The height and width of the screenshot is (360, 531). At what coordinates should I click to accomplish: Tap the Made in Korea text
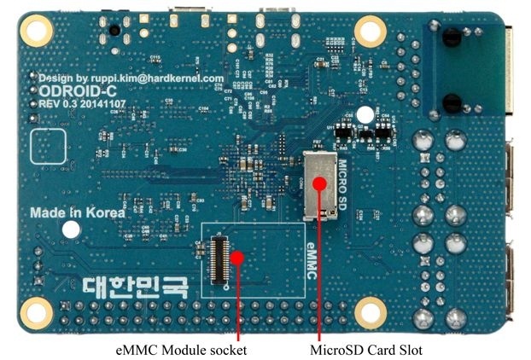click(77, 213)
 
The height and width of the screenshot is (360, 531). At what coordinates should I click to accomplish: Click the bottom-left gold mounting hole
click(37, 309)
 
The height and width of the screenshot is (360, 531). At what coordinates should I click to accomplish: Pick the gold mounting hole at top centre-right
click(371, 32)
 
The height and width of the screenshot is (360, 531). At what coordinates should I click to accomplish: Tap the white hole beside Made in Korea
click(72, 229)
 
